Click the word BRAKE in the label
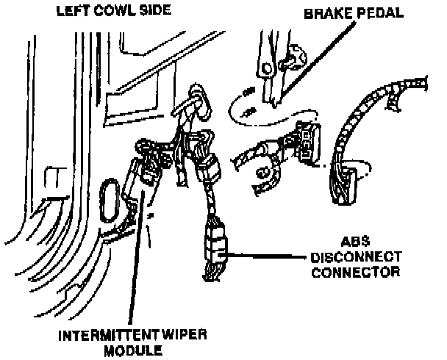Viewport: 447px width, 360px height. coord(324,14)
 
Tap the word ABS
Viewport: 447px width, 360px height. coord(354,240)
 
